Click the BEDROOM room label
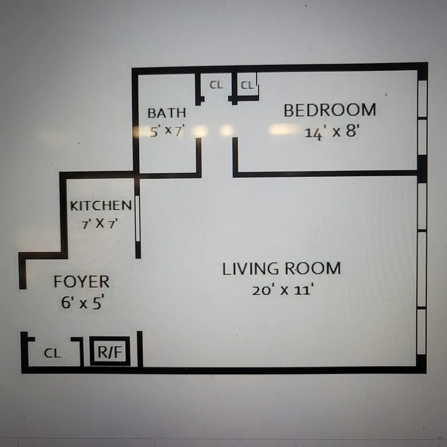(330, 110)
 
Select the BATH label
(167, 113)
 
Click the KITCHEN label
(101, 206)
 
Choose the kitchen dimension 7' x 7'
(101, 225)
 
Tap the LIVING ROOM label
(281, 269)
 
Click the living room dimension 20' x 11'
(281, 291)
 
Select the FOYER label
(82, 282)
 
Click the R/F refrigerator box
(110, 352)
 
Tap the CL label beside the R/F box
(53, 353)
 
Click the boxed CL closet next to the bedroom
(247, 86)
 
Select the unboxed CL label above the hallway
(216, 85)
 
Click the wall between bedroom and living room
(324, 174)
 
